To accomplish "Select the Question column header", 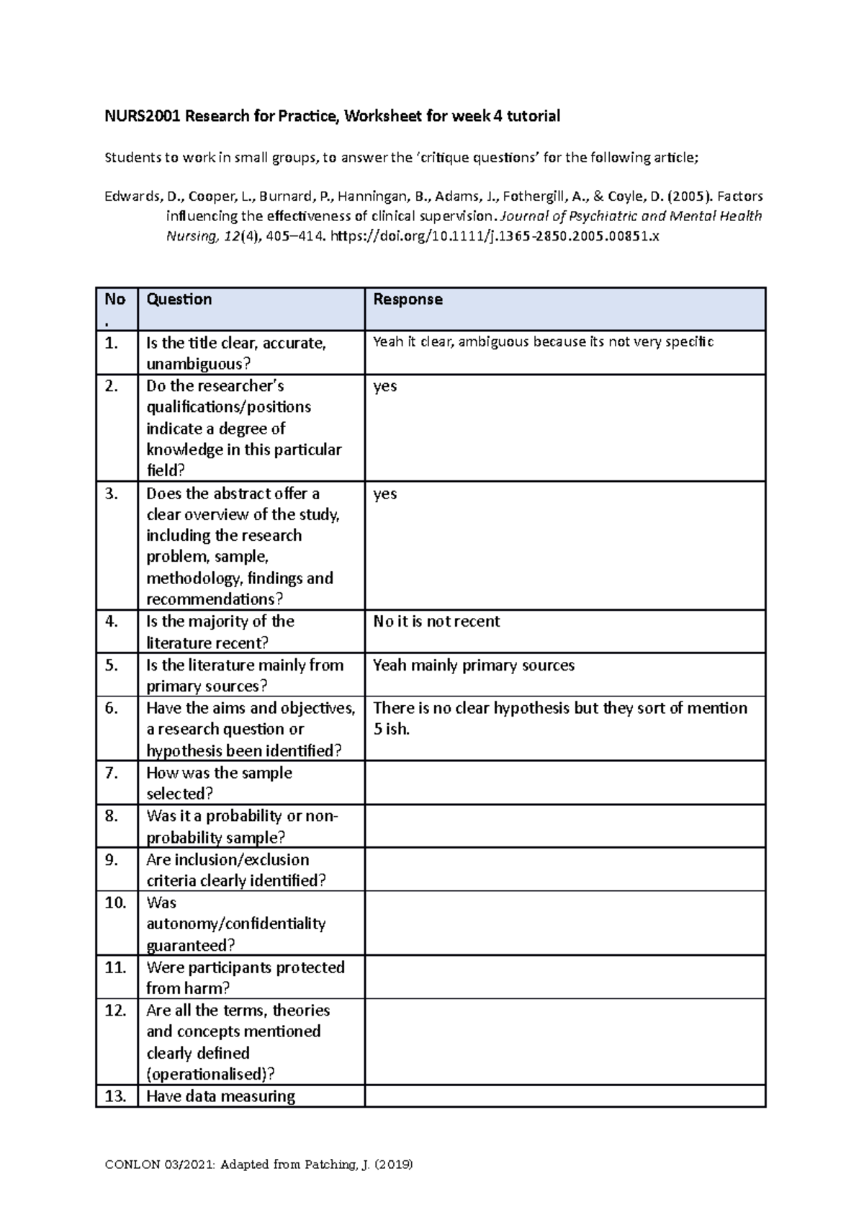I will click(179, 300).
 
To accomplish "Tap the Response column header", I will click(408, 300).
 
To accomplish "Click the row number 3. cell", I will click(112, 494).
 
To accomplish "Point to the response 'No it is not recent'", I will click(436, 622).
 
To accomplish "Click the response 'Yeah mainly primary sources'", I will click(474, 666).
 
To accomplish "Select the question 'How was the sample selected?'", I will click(219, 783).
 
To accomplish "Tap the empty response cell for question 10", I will click(564, 923).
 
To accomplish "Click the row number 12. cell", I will click(115, 1011).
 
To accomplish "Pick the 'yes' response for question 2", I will click(385, 387).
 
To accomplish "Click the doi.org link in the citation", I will click(494, 236).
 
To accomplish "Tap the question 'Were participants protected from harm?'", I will click(245, 977).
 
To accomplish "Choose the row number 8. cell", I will click(112, 816).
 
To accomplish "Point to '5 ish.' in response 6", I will click(391, 729).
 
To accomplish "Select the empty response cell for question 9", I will click(564, 869).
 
